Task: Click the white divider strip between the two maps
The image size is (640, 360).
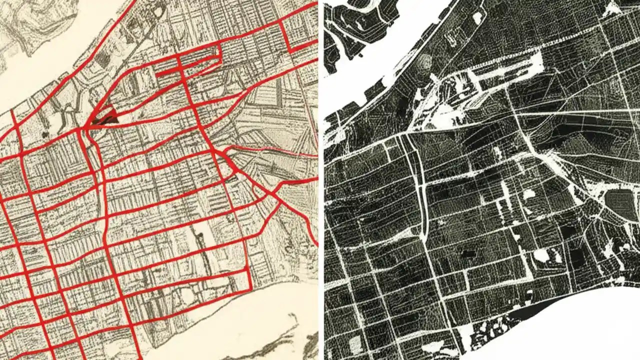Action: [x=321, y=180]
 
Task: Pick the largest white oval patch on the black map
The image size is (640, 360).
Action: [x=541, y=255]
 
